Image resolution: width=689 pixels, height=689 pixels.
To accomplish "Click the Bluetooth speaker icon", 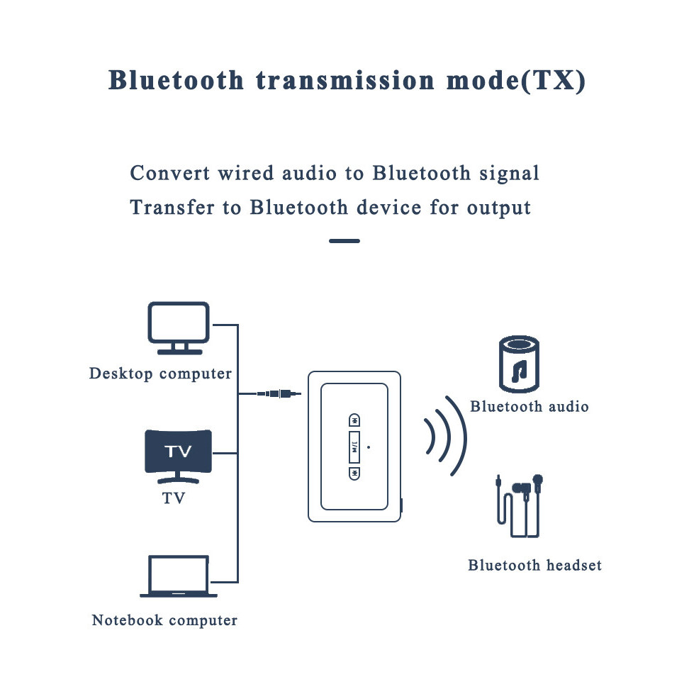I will [x=519, y=364].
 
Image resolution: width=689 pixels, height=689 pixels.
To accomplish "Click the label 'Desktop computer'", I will [x=160, y=374].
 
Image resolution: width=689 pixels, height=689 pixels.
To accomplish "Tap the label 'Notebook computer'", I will [x=164, y=621].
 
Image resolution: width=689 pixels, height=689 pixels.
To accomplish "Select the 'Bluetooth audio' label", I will [x=529, y=407].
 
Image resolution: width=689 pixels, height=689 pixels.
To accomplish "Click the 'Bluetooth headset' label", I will [x=534, y=566].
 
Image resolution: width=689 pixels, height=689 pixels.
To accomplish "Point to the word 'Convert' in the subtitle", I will [x=170, y=174].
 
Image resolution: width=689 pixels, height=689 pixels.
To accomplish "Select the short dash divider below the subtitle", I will [x=344, y=241].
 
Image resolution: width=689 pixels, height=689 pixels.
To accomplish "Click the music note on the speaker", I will [x=520, y=369].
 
